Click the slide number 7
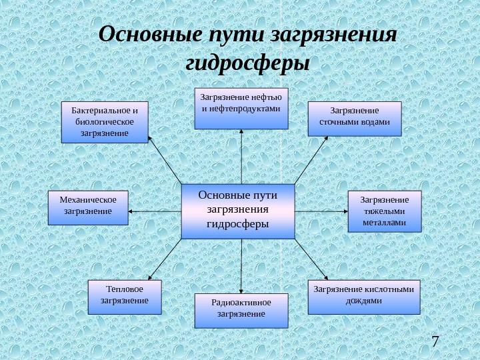(435, 343)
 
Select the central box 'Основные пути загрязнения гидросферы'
(237, 211)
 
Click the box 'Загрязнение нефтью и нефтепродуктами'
(241, 107)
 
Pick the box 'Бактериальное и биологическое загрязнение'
(105, 122)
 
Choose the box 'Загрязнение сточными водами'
(355, 119)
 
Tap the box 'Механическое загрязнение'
(88, 207)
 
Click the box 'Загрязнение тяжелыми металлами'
(385, 211)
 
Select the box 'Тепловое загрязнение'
(125, 296)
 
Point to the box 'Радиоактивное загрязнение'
(241, 311)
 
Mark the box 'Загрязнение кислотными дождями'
(364, 297)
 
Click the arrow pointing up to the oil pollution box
(241, 156)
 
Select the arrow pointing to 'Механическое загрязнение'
(154, 211)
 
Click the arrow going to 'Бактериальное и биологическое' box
(164, 160)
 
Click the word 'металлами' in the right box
(385, 223)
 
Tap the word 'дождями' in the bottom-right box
(364, 301)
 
